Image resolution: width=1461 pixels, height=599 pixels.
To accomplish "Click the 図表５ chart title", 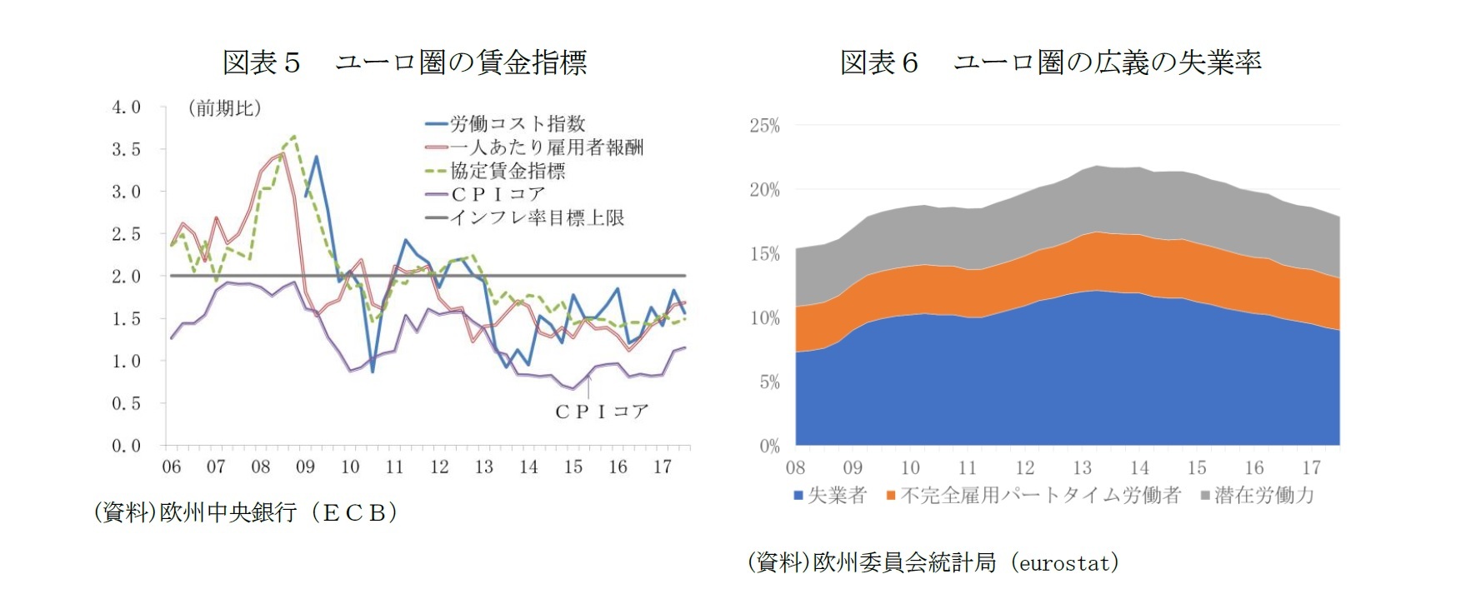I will pos(404,62).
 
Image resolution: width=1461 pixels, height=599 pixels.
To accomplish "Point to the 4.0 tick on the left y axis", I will pos(126,107).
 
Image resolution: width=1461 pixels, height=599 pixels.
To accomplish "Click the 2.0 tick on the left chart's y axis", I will pos(126,277).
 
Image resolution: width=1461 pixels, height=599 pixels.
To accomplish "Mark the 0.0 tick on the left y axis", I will pos(126,446).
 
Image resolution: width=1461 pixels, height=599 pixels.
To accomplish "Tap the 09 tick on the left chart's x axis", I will pos(305,467).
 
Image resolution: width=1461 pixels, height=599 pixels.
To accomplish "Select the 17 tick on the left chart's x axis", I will pos(662,467).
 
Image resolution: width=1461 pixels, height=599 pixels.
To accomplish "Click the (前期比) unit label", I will pos(224,108).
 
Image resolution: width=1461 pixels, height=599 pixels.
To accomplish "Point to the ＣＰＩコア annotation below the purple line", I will pos(601,412).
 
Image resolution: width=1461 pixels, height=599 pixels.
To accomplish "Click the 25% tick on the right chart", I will pos(764,126).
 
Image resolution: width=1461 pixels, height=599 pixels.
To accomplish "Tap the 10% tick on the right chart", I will pos(764,318).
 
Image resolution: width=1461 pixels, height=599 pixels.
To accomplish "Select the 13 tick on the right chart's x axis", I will pos(1082,468).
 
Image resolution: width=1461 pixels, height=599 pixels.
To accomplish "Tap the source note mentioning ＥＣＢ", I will pos(245,512).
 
